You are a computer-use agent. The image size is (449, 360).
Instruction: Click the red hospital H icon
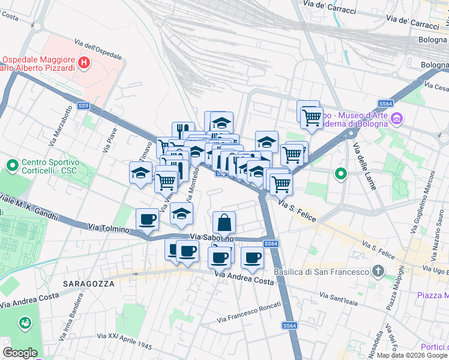[85, 62]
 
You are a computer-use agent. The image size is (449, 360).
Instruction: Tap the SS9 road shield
[84, 106]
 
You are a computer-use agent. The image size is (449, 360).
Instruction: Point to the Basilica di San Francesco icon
[378, 272]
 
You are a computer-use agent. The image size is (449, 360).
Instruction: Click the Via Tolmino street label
[109, 228]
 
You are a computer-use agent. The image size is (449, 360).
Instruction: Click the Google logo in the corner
[20, 352]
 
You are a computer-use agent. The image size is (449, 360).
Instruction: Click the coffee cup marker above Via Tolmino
[147, 220]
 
